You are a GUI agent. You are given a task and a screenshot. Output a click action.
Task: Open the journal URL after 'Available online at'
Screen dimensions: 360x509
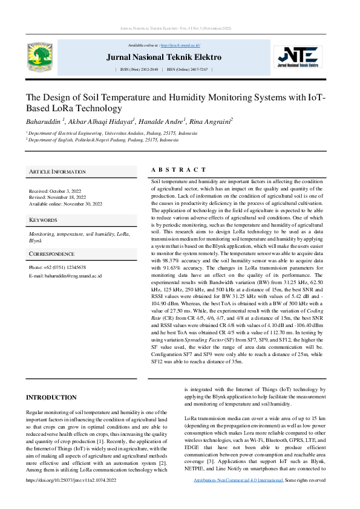tap(185, 45)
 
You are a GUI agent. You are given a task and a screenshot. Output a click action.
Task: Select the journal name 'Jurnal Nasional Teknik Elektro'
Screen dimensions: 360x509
tap(164, 57)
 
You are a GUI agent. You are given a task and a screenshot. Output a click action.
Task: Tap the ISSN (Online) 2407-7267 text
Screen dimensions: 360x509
tap(187, 70)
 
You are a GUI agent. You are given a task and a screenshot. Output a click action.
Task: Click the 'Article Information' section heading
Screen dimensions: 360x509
tap(57, 172)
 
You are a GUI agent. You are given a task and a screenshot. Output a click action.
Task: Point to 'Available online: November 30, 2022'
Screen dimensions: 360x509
tap(65, 204)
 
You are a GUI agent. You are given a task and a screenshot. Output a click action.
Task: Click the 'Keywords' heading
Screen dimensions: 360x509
tap(43, 220)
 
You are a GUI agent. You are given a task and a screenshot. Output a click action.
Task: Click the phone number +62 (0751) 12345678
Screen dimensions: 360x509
tap(57, 267)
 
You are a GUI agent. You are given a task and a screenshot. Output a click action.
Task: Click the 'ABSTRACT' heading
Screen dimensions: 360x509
tap(178, 170)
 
